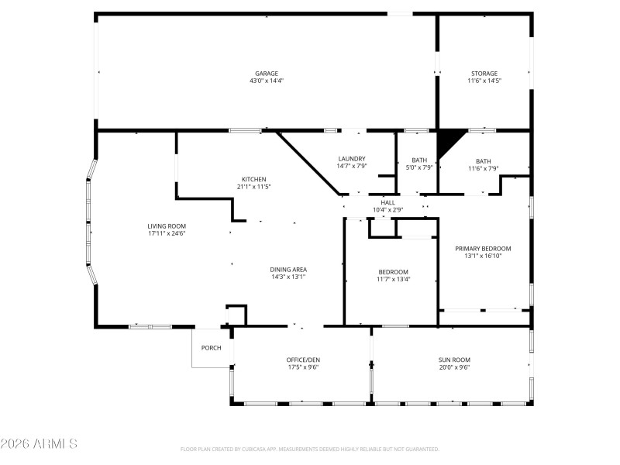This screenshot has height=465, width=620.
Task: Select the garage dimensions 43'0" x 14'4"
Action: point(266,81)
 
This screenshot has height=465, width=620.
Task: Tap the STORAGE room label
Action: point(484,74)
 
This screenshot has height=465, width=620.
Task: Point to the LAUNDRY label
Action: point(351,159)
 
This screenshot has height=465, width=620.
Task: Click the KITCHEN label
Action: point(253,179)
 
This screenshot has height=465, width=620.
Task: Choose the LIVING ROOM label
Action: point(167,226)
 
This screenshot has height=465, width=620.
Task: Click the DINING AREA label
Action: point(288,270)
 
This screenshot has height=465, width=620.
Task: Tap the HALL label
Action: point(387,202)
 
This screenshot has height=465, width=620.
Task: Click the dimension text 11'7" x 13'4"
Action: point(393,279)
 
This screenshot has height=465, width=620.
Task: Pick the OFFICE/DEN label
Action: point(303,360)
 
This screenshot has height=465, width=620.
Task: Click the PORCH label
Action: point(212,348)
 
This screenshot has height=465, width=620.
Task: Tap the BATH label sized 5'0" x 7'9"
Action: point(418,160)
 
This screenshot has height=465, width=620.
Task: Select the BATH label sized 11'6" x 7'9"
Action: point(483,160)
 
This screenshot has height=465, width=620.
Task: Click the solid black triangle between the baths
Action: point(449,142)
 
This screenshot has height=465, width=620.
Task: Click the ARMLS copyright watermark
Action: point(39,444)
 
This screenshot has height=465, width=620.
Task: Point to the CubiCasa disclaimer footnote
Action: point(310,449)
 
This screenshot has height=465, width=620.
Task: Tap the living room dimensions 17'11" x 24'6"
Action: point(167,232)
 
